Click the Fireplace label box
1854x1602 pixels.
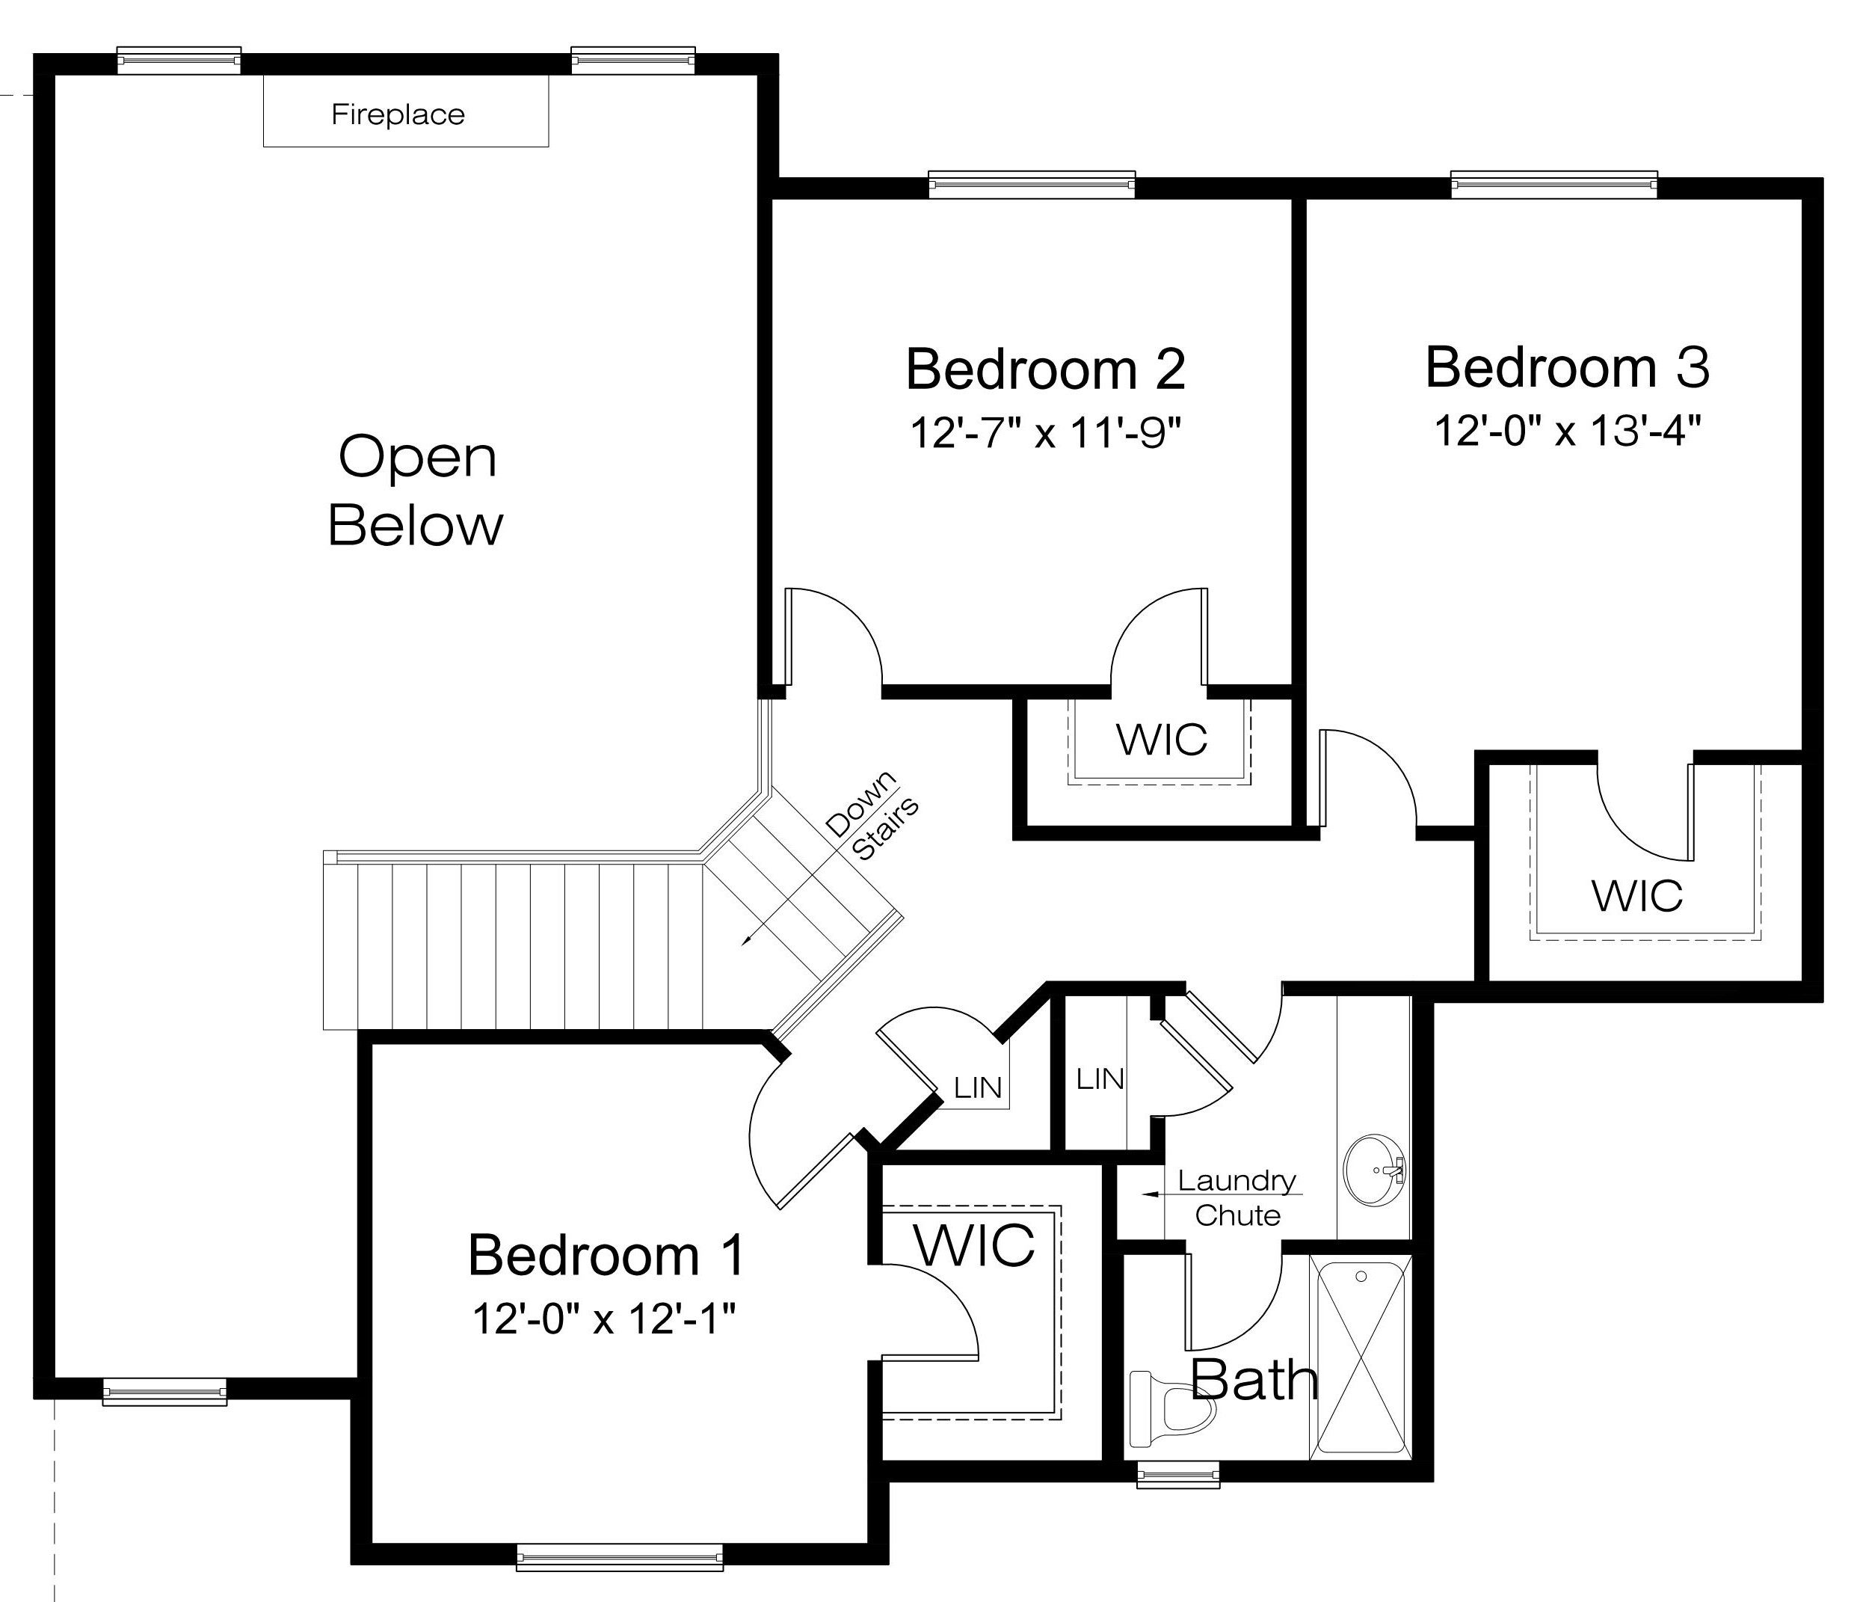pos(405,112)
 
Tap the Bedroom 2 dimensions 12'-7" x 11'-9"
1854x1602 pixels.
pos(1045,432)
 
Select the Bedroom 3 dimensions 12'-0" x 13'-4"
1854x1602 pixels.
pos(1567,431)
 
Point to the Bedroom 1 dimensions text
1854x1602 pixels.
pos(604,1319)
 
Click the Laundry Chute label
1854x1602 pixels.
pos(1236,1197)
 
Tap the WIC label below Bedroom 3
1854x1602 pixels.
pos(1636,895)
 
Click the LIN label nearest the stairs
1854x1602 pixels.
pos(977,1087)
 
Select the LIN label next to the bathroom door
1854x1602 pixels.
pos(1100,1078)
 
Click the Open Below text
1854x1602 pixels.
pos(416,491)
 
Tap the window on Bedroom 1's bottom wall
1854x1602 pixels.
pos(619,1558)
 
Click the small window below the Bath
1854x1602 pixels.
pos(1177,1474)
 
